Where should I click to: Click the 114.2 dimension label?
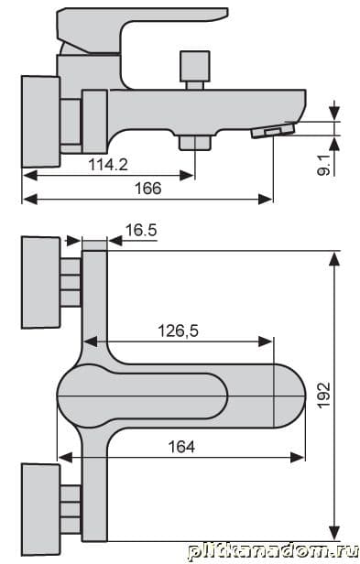click(x=108, y=165)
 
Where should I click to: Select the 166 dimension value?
click(x=148, y=189)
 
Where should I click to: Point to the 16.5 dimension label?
click(x=141, y=230)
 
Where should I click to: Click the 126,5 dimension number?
click(x=179, y=331)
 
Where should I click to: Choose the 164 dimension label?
click(x=181, y=447)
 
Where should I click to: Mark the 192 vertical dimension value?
click(x=323, y=395)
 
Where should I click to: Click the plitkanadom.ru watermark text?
click(x=274, y=552)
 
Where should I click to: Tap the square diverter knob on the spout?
click(x=195, y=67)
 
